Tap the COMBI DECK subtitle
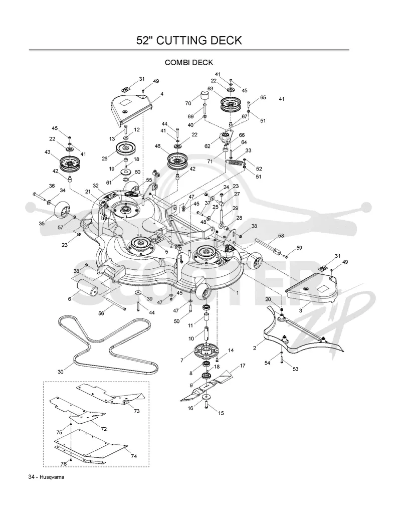(x=189, y=62)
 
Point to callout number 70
(x=188, y=103)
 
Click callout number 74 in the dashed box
(x=133, y=456)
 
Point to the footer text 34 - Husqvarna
(x=46, y=477)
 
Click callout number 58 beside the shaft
(x=281, y=236)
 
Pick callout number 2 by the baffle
(x=255, y=348)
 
